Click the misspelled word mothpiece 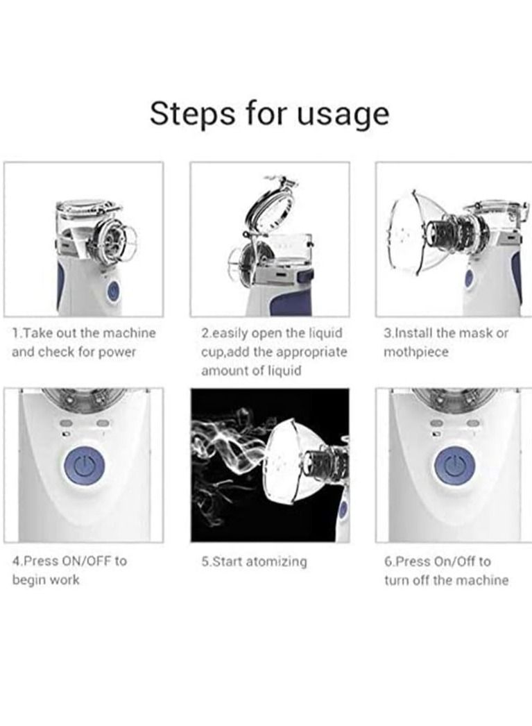[x=416, y=352]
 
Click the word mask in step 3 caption [x=474, y=333]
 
